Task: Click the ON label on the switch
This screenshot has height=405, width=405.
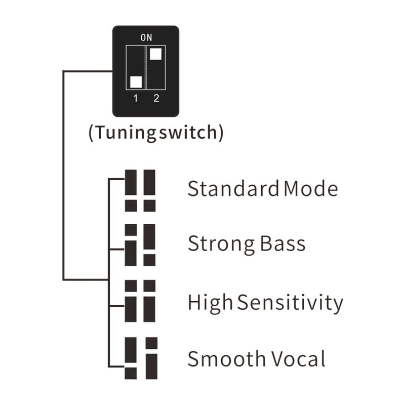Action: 146,37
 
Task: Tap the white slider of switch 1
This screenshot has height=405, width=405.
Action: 136,82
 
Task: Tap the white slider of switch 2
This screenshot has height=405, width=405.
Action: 156,53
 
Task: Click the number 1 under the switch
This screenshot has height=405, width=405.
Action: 136,99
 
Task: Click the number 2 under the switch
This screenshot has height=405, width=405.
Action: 156,99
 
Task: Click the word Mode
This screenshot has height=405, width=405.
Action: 310,189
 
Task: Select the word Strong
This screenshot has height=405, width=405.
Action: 221,244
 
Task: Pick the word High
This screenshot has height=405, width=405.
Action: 210,303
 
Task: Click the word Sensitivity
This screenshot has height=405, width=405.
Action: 291,303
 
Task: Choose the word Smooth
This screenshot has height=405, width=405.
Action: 226,359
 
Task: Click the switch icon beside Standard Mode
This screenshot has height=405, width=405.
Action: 140,190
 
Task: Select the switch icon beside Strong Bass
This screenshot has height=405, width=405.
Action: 140,245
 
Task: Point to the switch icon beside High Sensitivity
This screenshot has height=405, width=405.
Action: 140,301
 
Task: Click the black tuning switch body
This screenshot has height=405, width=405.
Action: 145,71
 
